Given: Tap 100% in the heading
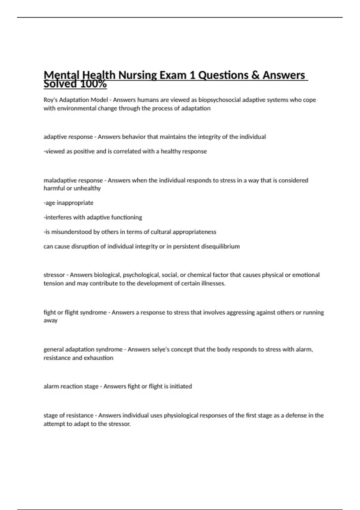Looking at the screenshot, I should (93, 84).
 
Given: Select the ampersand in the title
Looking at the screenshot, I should (255, 75).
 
